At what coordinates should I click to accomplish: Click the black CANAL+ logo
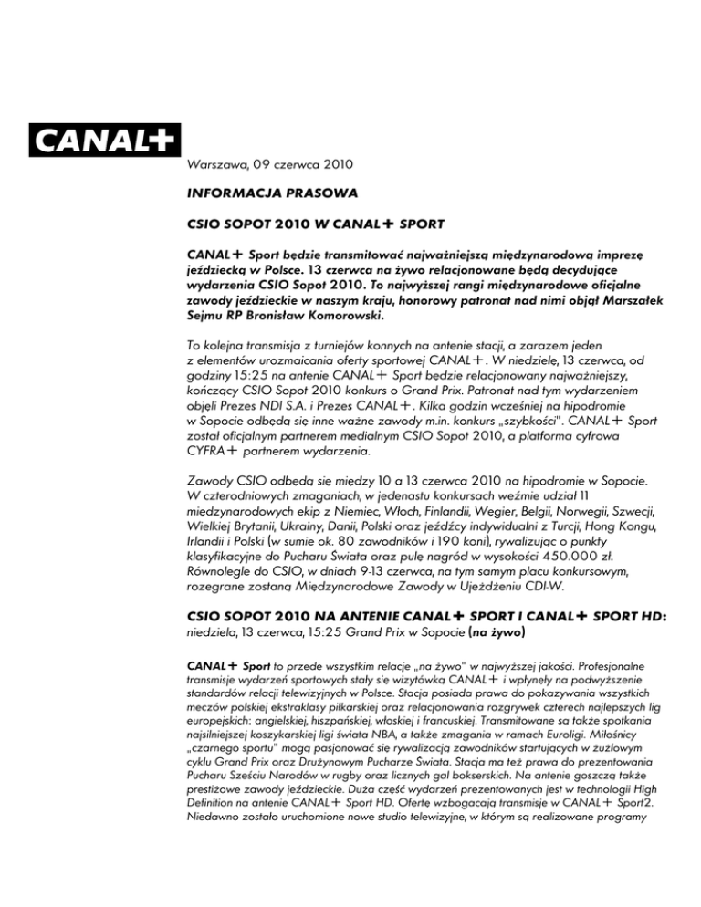pyautogui.click(x=104, y=141)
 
